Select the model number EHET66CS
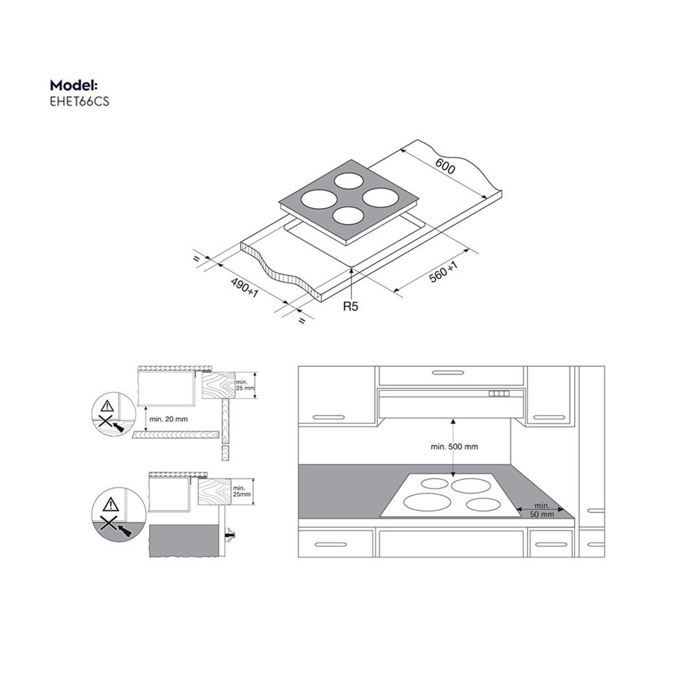click(79, 101)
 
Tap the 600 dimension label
click(445, 167)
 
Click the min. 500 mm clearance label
click(453, 446)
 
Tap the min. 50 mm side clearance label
click(541, 509)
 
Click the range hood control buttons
click(499, 395)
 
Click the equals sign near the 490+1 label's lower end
click(301, 320)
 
